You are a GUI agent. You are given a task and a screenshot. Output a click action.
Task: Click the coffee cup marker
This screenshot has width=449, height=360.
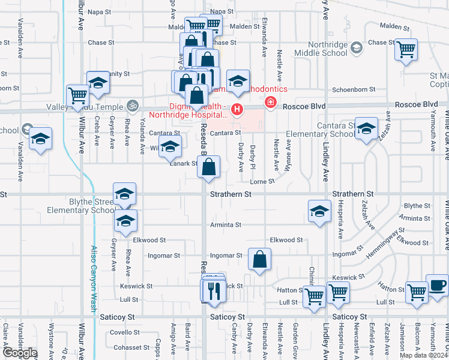click(438, 286)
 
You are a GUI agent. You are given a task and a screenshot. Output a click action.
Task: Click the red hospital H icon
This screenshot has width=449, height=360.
click(238, 109)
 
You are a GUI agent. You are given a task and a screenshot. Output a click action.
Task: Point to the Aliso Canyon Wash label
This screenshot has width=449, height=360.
click(94, 278)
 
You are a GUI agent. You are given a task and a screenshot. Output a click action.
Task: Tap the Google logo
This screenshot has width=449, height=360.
click(19, 353)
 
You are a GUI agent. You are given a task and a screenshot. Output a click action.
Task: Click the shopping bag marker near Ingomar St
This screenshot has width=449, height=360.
click(260, 260)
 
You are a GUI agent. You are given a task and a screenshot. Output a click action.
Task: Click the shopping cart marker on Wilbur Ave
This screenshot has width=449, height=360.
click(78, 95)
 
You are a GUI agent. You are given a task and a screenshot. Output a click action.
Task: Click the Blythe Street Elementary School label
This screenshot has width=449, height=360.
click(82, 206)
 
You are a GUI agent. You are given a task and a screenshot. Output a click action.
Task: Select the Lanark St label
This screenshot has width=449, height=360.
click(183, 163)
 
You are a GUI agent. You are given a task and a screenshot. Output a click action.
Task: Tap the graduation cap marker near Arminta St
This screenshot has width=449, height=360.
click(319, 211)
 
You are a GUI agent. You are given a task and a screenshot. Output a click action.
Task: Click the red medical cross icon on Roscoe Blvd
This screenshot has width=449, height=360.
click(271, 103)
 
